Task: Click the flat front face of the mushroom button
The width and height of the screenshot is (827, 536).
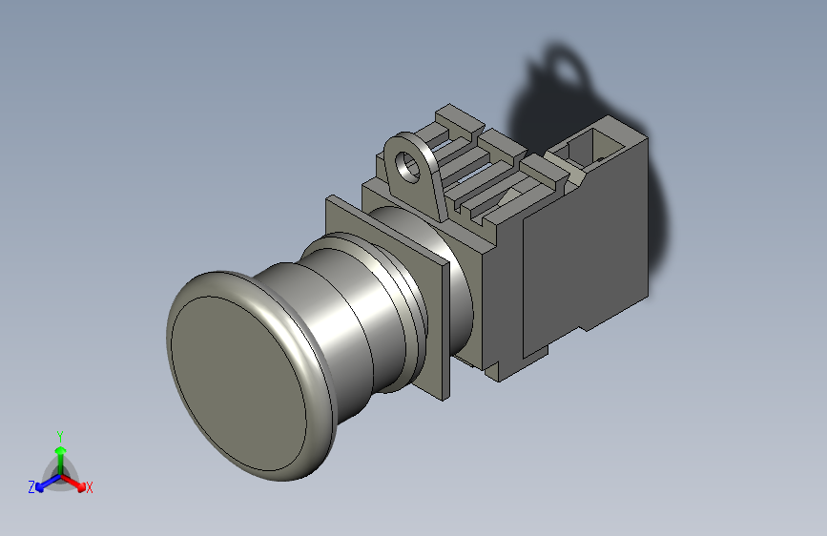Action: (238, 383)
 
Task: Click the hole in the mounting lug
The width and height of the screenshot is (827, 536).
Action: (406, 165)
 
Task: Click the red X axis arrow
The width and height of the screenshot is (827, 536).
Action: (72, 483)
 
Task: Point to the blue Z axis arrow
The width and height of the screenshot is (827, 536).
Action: (48, 483)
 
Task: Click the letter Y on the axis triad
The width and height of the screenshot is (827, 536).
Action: (60, 437)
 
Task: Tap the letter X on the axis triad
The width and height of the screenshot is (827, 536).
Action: (89, 487)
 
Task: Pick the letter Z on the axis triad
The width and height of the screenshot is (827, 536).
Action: (31, 487)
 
